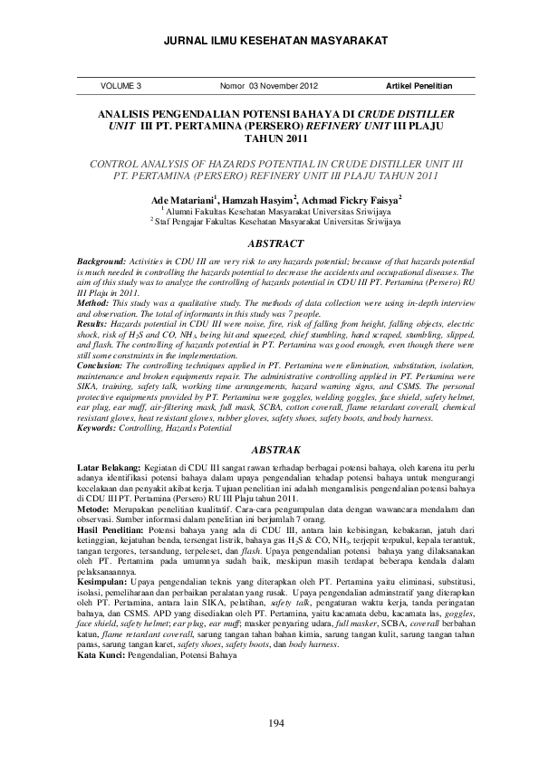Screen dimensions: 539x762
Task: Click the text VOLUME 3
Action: tap(122, 86)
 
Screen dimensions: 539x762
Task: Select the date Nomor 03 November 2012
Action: tap(269, 86)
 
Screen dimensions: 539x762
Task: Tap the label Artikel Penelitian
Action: tap(419, 86)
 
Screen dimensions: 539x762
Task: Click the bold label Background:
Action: tap(101, 260)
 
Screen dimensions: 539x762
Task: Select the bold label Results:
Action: tap(93, 322)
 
